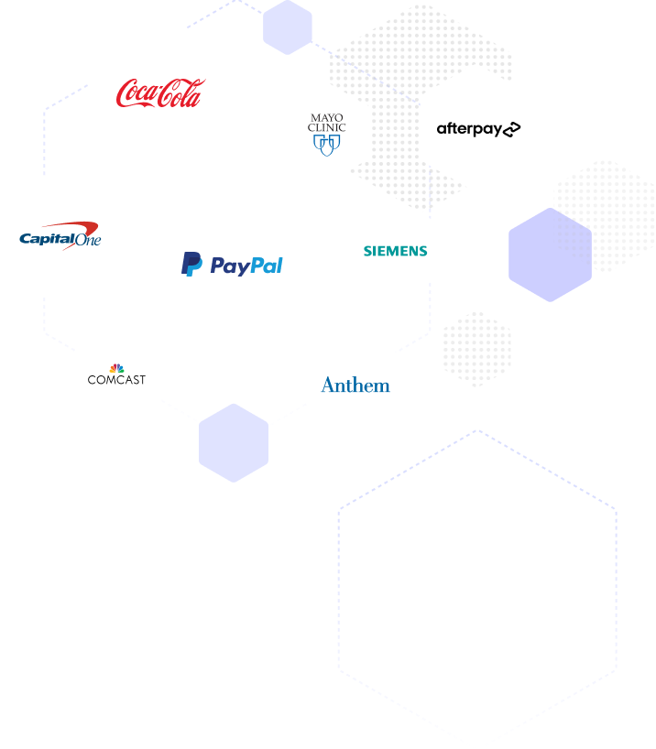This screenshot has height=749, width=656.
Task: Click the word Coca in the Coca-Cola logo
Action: (x=137, y=93)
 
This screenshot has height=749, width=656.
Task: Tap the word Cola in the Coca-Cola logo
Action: (x=181, y=93)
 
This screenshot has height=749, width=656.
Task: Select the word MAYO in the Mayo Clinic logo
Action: (x=326, y=117)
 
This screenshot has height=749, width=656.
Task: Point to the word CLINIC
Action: (x=326, y=127)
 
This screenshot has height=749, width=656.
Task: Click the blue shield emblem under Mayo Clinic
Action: (x=326, y=146)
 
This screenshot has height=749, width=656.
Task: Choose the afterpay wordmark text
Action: (x=469, y=129)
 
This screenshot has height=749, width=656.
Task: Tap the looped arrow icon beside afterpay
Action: (x=511, y=129)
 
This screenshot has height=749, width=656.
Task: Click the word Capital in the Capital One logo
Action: (x=48, y=238)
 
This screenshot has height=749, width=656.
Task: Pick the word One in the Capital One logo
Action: (x=89, y=239)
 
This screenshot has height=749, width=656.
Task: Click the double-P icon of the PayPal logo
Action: (x=191, y=264)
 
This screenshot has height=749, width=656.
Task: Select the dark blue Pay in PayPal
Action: (x=230, y=266)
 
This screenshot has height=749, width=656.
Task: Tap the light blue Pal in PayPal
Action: (x=267, y=266)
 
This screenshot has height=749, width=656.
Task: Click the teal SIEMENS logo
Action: (x=396, y=251)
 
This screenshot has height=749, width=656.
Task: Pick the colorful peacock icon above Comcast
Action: (x=116, y=368)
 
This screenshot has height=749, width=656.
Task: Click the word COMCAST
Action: (x=116, y=380)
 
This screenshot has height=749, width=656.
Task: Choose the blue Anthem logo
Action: (x=355, y=385)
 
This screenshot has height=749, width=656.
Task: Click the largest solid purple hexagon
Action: (x=551, y=255)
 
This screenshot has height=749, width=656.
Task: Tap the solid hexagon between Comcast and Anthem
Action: (x=234, y=443)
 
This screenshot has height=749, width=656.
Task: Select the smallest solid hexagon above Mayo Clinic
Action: (x=288, y=27)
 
